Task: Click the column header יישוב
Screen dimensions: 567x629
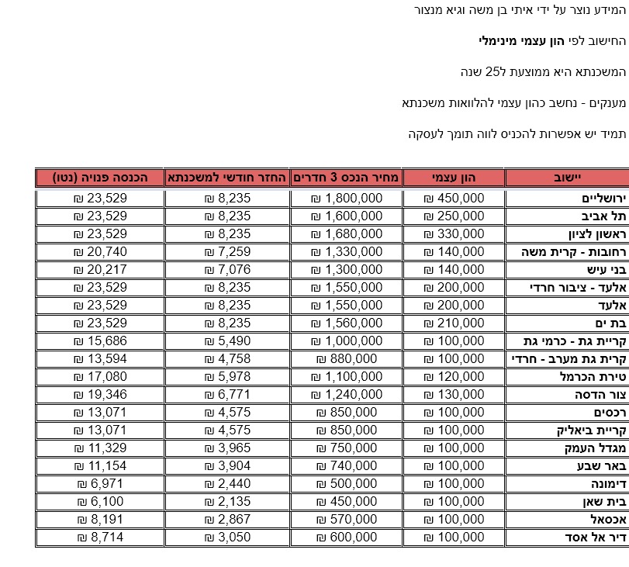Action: pyautogui.click(x=566, y=178)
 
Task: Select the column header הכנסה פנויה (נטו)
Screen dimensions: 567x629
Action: pyautogui.click(x=100, y=178)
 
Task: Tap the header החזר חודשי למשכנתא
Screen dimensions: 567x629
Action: pyautogui.click(x=227, y=178)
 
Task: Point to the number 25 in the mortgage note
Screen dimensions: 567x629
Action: pyautogui.click(x=494, y=72)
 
